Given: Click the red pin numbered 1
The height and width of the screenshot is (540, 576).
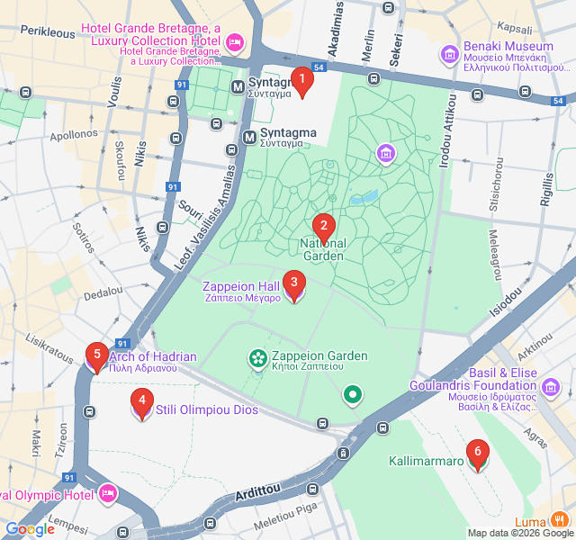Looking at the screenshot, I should pos(302,82).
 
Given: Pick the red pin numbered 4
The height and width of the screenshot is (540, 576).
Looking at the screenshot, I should pos(141,402).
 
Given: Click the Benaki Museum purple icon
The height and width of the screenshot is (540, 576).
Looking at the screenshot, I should pos(449,55).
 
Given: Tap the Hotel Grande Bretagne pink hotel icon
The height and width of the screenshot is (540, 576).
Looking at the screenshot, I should pos(235,41).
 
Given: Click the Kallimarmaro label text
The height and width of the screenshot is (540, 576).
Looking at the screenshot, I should pos(426,462).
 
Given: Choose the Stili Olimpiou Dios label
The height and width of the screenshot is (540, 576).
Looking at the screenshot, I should pos(207,410).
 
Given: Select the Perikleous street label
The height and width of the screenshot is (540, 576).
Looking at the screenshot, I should pos(48,31).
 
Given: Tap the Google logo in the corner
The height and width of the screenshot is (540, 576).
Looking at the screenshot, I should pos(30,529).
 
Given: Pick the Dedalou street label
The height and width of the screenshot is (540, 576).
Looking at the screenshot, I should pos(103,292).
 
